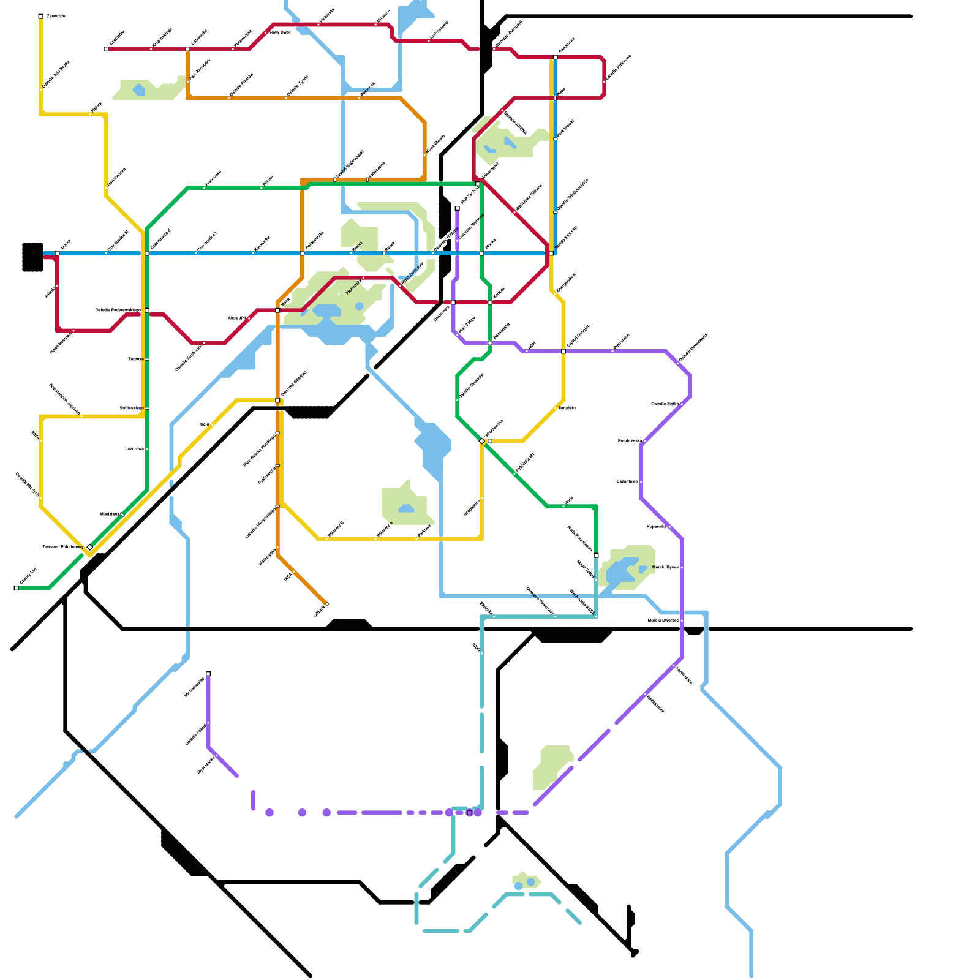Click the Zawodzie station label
(x=56, y=16)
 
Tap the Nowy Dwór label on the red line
(x=279, y=32)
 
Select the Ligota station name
(x=65, y=244)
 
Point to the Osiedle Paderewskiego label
(x=118, y=310)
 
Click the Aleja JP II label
(x=237, y=318)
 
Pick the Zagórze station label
(x=135, y=359)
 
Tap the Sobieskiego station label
(x=131, y=408)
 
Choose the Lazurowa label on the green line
(x=134, y=449)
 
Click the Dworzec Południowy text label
(x=63, y=546)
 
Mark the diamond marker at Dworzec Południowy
(x=89, y=547)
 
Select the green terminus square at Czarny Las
(x=17, y=588)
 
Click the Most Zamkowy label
(x=412, y=273)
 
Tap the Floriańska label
(x=353, y=286)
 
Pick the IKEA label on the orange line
(x=287, y=577)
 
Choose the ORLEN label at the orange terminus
(x=320, y=611)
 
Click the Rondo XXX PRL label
(x=566, y=238)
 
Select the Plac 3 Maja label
(x=467, y=325)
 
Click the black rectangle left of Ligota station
(x=32, y=257)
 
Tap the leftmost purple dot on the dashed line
(x=269, y=813)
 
